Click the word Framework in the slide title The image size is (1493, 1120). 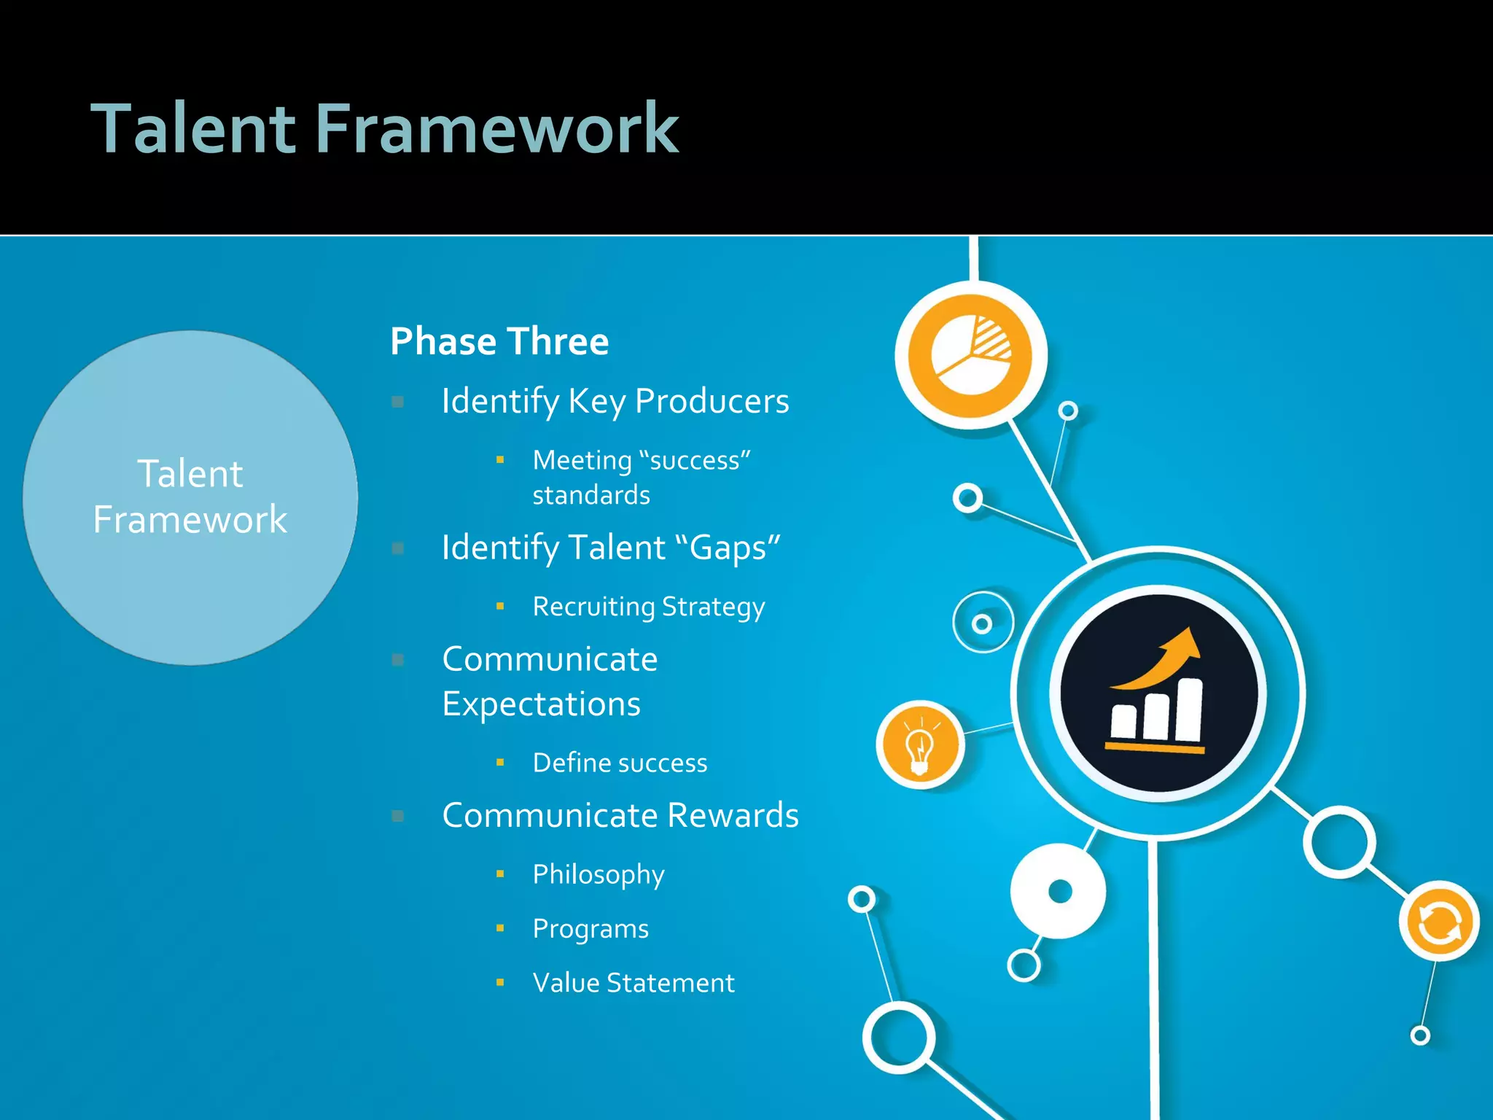[x=497, y=129]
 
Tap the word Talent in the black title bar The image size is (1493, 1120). [x=193, y=129]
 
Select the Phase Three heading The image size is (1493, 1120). [x=499, y=341]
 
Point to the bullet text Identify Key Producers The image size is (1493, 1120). [x=615, y=402]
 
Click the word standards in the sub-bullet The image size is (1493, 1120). [x=591, y=496]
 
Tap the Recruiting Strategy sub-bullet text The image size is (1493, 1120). [x=649, y=607]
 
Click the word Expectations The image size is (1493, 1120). [x=542, y=704]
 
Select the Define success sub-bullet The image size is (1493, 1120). [x=620, y=763]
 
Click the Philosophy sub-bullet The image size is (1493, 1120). [x=599, y=874]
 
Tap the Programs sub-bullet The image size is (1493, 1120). [x=590, y=929]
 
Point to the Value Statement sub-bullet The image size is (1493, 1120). [x=634, y=983]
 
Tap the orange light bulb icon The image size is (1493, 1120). [x=920, y=746]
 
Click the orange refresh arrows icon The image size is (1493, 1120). [x=1439, y=923]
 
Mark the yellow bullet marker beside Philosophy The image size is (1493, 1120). [x=500, y=874]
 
